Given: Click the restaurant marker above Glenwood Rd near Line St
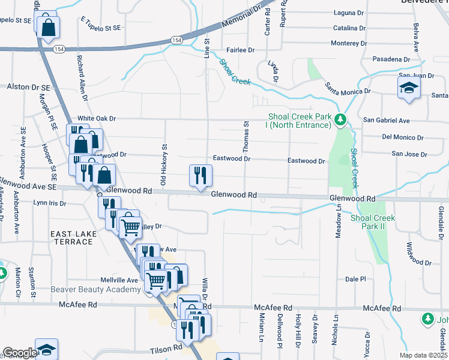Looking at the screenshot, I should (200, 175).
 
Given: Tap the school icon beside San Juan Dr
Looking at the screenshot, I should (409, 88).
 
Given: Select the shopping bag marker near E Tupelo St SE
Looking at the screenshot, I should (48, 26).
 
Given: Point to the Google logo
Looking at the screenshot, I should (19, 353).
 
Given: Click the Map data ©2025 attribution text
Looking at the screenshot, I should (423, 355).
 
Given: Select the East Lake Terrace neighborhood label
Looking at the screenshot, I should (71, 238).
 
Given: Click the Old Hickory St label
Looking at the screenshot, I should (163, 164).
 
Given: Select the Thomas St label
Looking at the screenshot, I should (246, 136).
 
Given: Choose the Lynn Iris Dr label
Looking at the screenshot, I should (50, 203).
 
